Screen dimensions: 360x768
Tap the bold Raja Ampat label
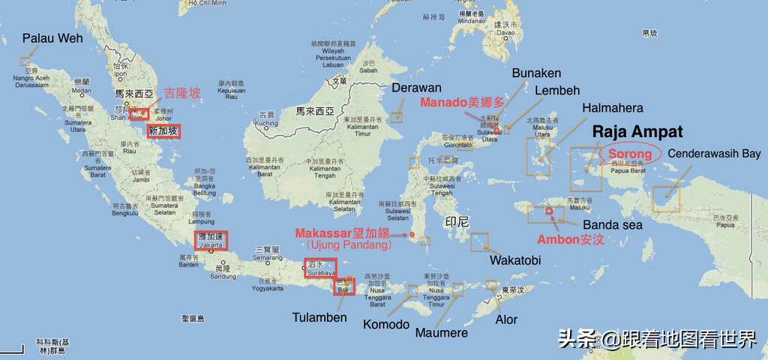(637, 132)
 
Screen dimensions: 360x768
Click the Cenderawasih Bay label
(714, 154)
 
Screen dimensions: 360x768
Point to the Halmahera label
(612, 108)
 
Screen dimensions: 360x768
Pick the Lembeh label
(557, 91)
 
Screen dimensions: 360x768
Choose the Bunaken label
(536, 73)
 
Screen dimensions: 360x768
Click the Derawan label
(416, 88)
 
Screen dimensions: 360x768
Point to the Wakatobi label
(514, 260)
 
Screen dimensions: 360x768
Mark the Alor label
(506, 319)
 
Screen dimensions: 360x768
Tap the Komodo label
(386, 325)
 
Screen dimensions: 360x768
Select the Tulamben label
(319, 317)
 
